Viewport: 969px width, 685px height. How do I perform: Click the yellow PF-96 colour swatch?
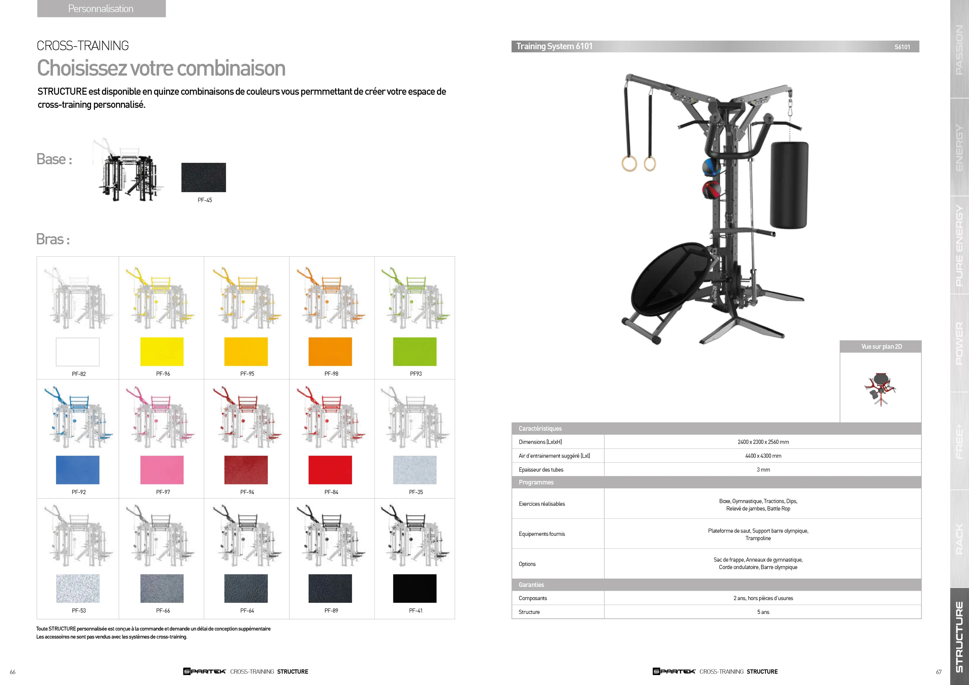pos(161,352)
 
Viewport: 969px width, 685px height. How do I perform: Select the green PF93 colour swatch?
pos(414,352)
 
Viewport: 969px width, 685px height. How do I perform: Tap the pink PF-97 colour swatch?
pos(161,470)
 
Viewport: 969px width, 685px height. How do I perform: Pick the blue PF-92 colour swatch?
pos(78,470)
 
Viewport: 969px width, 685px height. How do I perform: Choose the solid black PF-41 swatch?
pos(414,588)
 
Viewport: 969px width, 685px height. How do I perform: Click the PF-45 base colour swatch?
pos(203,177)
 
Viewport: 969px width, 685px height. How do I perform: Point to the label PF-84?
pos(331,492)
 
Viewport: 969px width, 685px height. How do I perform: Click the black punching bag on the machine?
pos(788,185)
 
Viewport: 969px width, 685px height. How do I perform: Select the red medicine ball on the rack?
pos(711,189)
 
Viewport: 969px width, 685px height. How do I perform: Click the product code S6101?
pos(902,47)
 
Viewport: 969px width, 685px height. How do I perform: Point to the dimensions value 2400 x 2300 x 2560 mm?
pos(763,442)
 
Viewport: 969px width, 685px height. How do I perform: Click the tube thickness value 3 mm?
pos(763,470)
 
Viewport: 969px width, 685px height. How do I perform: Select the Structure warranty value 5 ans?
pos(763,612)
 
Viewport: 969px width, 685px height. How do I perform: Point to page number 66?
pos(13,672)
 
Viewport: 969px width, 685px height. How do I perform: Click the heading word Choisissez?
pos(82,68)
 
